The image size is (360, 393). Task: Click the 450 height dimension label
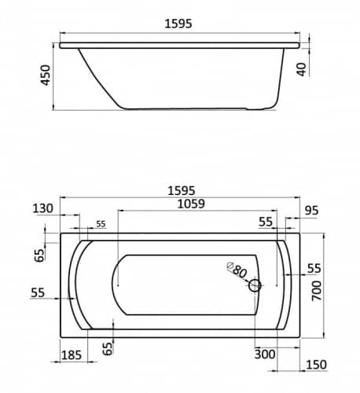pyautogui.click(x=46, y=75)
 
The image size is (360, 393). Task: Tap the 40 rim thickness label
pyautogui.click(x=302, y=69)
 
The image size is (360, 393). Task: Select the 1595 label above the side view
pyautogui.click(x=178, y=24)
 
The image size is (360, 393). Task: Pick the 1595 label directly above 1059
pyautogui.click(x=182, y=190)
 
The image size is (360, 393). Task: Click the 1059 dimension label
pyautogui.click(x=191, y=204)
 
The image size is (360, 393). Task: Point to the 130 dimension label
pyautogui.click(x=42, y=208)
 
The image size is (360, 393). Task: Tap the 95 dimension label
pyautogui.click(x=311, y=211)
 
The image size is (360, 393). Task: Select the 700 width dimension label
pyautogui.click(x=316, y=291)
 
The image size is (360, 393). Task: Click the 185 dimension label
pyautogui.click(x=72, y=355)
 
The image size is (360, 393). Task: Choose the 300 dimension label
pyautogui.click(x=265, y=354)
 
